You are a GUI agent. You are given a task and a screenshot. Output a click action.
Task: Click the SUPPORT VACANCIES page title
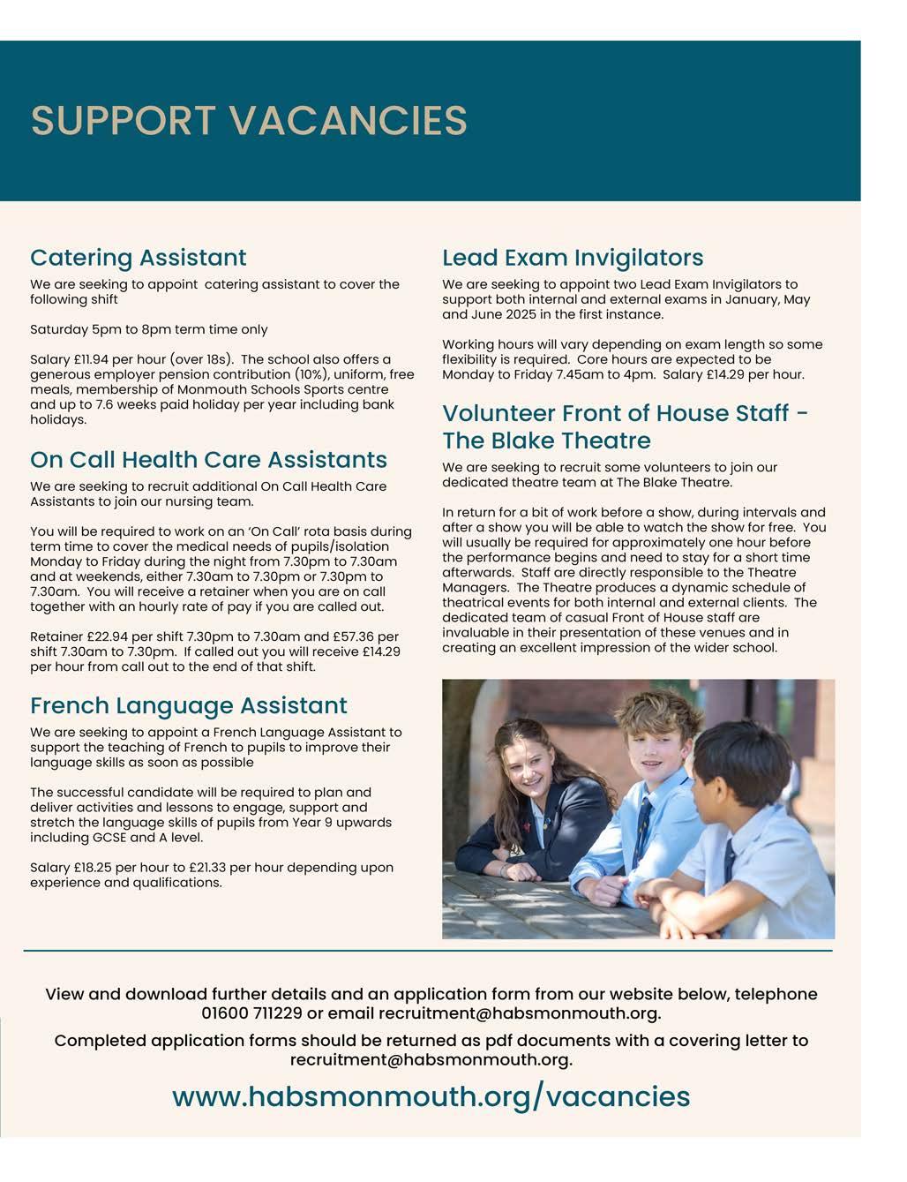click(x=249, y=120)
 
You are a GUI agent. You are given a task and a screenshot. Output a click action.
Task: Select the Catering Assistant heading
click(x=139, y=258)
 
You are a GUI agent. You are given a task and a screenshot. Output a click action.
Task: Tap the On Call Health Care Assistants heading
click(x=208, y=460)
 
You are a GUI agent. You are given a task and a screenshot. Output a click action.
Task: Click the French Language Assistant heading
click(x=189, y=705)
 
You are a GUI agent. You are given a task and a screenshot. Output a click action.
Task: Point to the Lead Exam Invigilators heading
click(x=573, y=258)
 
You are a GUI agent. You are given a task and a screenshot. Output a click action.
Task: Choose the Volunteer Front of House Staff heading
click(x=625, y=426)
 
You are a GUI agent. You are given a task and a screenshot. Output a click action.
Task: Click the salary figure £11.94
click(x=91, y=359)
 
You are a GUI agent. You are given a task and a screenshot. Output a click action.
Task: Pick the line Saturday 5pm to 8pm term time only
click(x=148, y=329)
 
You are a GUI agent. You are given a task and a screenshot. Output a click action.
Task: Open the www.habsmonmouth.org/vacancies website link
click(x=431, y=1096)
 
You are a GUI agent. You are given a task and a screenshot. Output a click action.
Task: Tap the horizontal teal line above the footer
click(x=428, y=951)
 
